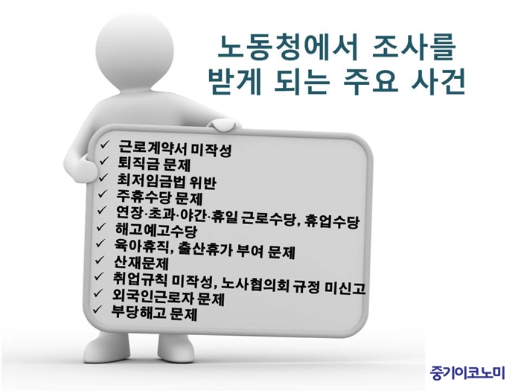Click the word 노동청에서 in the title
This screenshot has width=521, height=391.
tap(287, 48)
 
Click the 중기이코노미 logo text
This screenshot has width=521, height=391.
tap(467, 372)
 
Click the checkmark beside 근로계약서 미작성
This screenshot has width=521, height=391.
tap(104, 144)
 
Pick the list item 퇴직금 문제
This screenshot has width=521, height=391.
tap(154, 164)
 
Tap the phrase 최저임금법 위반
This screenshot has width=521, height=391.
tap(167, 181)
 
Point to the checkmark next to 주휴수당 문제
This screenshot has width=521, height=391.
tap(103, 193)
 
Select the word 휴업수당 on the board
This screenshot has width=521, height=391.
tap(332, 221)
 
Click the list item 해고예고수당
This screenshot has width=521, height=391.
tap(156, 229)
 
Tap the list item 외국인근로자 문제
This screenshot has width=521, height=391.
tap(168, 296)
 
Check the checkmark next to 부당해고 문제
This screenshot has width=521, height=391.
tap(97, 309)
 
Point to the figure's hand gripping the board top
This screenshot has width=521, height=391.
tap(223, 124)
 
